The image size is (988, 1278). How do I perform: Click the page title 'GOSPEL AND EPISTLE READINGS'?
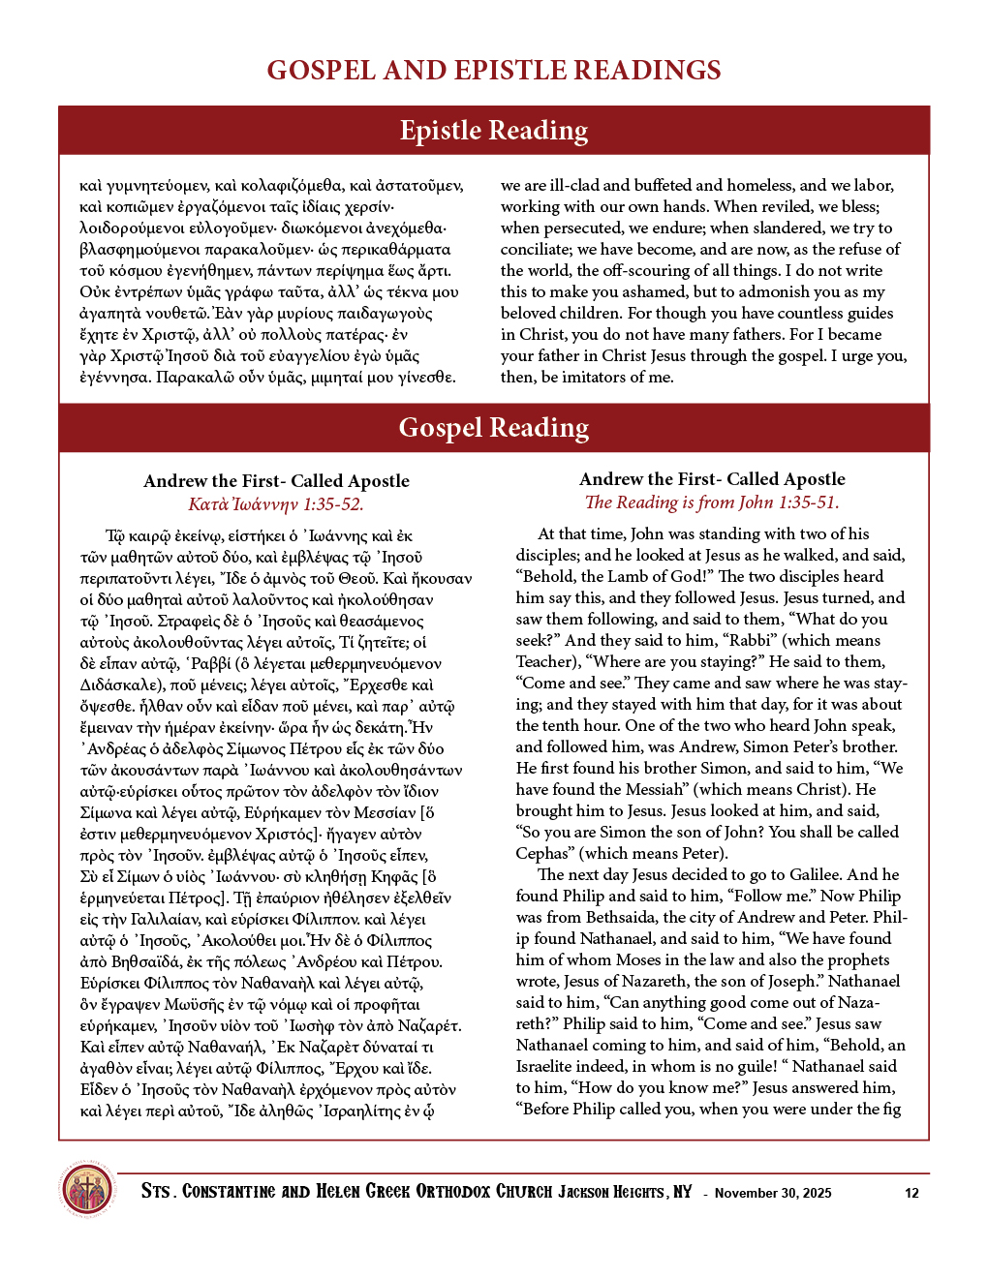(x=494, y=70)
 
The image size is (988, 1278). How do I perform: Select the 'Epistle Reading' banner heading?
(x=494, y=131)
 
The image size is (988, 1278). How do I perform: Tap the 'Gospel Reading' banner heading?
(x=494, y=428)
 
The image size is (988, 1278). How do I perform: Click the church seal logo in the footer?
(x=87, y=1190)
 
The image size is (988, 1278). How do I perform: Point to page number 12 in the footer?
(x=911, y=1193)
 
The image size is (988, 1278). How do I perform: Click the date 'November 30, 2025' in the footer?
(x=773, y=1193)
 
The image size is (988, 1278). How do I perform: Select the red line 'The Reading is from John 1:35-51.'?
(x=712, y=502)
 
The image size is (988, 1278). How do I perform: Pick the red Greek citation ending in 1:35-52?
(x=276, y=504)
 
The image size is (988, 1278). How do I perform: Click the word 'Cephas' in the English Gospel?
(x=541, y=854)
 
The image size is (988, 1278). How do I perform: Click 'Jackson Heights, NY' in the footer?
(x=625, y=1192)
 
